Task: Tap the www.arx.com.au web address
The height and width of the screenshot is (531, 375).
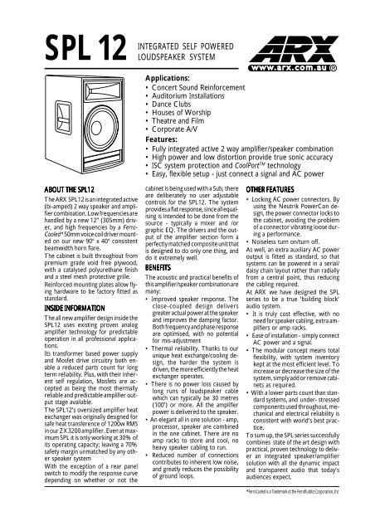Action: [x=324, y=60]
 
